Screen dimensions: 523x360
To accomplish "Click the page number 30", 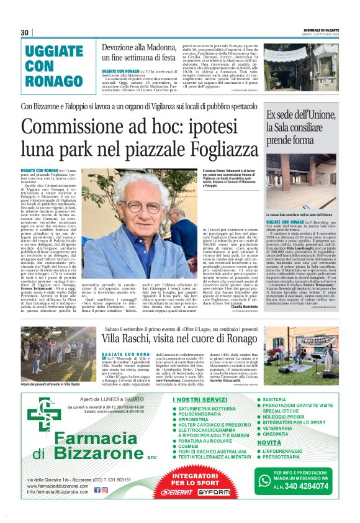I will [x=25, y=32].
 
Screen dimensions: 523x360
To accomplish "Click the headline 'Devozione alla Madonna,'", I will [x=139, y=48].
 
